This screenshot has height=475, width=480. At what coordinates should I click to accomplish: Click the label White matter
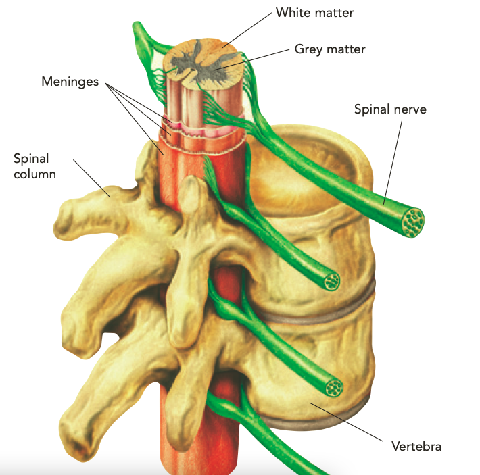point(314,13)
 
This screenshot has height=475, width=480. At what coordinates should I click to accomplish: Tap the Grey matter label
point(330,49)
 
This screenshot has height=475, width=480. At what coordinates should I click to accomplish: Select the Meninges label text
point(70,82)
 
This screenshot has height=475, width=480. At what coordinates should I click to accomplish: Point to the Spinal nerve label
point(390,109)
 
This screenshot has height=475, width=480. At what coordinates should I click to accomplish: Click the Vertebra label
point(416,446)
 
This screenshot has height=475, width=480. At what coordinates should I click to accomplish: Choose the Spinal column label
point(34,166)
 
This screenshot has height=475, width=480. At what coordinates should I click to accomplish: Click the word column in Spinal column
point(34,174)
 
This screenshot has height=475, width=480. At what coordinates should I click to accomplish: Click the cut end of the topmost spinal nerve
point(413,222)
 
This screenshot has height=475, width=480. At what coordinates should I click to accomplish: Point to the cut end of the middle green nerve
point(331,282)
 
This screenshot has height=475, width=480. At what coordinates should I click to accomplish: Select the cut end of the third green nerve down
point(334,388)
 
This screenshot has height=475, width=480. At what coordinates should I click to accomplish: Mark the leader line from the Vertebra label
point(346,422)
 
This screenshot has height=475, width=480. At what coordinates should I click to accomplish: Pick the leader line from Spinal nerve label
point(393,162)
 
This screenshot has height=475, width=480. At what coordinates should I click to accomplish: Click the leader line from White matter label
point(247,30)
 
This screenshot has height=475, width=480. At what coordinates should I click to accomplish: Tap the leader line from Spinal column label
point(91,178)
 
